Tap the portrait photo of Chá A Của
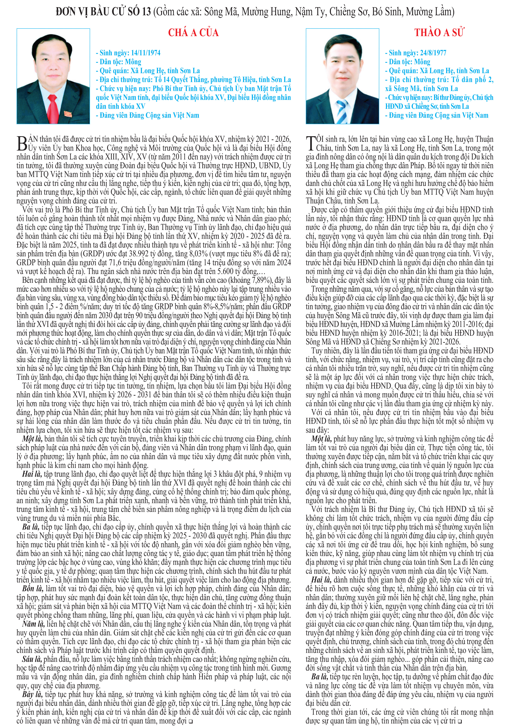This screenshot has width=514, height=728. pyautogui.click(x=53, y=76)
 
